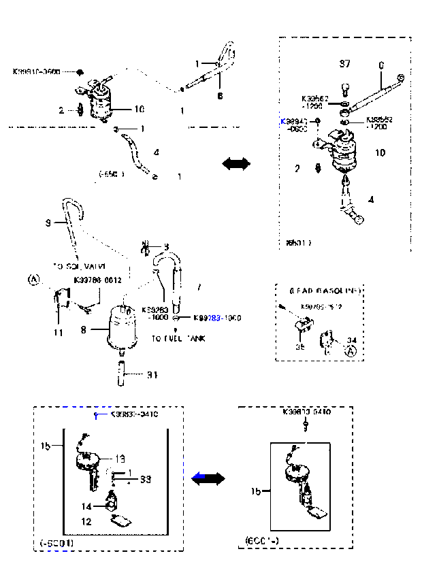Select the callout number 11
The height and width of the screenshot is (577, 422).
[59, 333]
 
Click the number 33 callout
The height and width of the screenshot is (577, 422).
[145, 480]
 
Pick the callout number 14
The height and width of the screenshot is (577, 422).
[86, 506]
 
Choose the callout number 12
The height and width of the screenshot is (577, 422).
[86, 522]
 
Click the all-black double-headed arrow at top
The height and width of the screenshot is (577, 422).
[236, 164]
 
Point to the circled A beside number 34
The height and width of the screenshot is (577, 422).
[351, 352]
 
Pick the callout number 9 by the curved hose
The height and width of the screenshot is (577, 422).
[48, 222]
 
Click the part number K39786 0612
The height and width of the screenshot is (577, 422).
[98, 280]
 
